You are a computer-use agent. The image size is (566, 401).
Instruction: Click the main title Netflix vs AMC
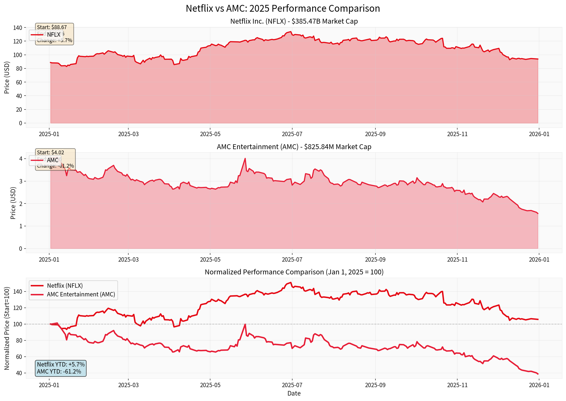(x=283, y=8)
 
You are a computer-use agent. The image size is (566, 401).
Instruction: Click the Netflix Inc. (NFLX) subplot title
(x=294, y=21)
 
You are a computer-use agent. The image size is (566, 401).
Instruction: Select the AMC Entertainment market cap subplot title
(x=294, y=147)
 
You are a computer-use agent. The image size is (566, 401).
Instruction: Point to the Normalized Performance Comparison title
(x=294, y=272)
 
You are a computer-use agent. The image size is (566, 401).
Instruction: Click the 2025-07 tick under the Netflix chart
(x=292, y=134)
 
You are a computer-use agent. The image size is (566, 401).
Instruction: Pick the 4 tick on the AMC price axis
(x=20, y=159)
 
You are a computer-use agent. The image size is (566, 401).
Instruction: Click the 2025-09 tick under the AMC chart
(x=375, y=259)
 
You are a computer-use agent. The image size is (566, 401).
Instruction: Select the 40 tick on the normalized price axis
(x=19, y=373)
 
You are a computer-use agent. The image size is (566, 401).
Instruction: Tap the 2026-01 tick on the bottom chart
(x=539, y=385)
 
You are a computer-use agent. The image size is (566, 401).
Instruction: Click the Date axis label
(x=294, y=393)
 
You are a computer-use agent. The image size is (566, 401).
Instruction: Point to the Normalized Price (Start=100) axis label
(x=7, y=328)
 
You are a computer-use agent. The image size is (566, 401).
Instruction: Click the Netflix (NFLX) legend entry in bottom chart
(x=65, y=286)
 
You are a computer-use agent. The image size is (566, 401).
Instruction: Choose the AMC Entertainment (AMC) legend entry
(x=81, y=295)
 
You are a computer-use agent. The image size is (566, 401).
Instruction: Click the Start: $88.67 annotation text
(x=52, y=27)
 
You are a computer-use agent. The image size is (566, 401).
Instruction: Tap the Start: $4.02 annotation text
(x=51, y=152)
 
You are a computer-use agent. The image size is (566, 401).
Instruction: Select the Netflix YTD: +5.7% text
(x=61, y=365)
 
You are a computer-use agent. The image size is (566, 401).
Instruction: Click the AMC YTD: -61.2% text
(x=59, y=371)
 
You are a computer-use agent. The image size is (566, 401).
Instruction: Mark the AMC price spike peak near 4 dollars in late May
(x=245, y=158)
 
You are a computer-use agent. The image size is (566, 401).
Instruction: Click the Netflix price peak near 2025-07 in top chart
(x=291, y=32)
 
